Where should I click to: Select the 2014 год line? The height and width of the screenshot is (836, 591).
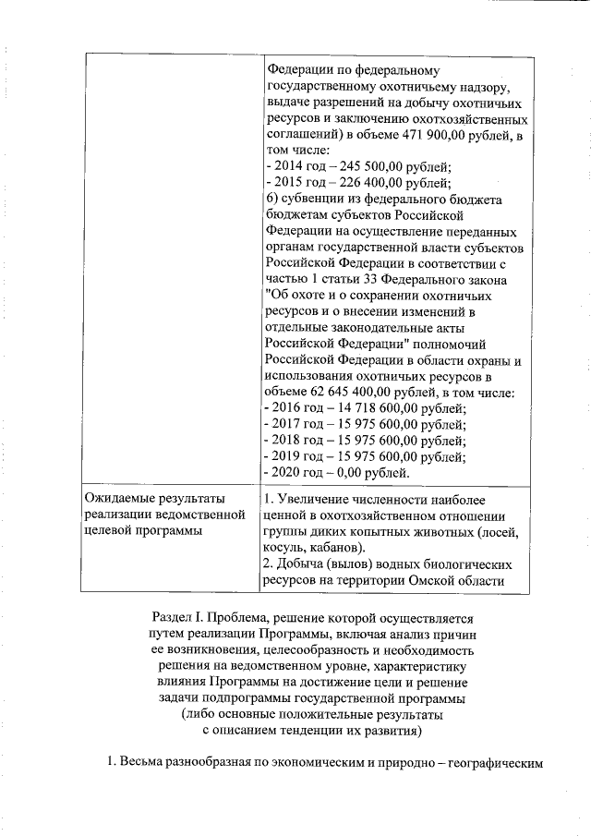click(357, 167)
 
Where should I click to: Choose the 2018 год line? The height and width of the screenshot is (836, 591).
click(365, 440)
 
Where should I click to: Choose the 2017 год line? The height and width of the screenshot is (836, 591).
click(365, 424)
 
